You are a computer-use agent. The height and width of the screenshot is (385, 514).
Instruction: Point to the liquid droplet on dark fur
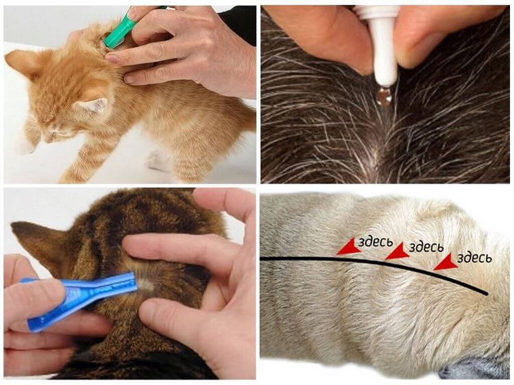click(x=384, y=96)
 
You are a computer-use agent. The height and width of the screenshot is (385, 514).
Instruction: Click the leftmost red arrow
click(x=348, y=247)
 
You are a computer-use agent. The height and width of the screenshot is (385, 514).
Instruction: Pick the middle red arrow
click(x=397, y=251)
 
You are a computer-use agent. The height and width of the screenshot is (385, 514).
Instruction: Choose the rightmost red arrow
click(x=445, y=262)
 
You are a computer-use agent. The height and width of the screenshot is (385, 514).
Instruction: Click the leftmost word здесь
click(x=375, y=242)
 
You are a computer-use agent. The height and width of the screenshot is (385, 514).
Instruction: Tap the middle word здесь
click(x=426, y=246)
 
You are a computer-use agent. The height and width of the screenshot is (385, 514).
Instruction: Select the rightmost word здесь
click(x=474, y=258)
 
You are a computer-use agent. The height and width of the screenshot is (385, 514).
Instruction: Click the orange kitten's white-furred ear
click(x=91, y=105)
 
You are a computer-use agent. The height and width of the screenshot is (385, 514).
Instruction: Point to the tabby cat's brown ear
click(x=42, y=243)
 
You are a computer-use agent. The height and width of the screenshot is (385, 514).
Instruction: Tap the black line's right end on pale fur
click(x=488, y=294)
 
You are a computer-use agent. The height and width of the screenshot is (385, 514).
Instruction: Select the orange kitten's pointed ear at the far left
click(x=21, y=63)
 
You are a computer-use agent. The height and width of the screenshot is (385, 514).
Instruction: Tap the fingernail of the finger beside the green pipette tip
click(x=112, y=58)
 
